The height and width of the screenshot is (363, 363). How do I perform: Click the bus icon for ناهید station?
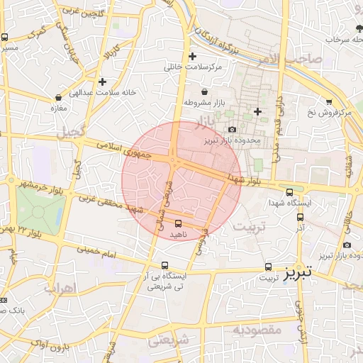(177, 223)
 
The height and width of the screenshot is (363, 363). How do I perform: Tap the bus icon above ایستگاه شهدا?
(289, 191)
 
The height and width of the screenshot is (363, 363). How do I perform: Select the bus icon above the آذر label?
(300, 218)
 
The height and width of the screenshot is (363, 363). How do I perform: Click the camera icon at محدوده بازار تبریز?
(233, 130)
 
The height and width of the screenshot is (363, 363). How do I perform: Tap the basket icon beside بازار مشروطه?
(205, 92)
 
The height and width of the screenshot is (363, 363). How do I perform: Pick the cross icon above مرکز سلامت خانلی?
(192, 56)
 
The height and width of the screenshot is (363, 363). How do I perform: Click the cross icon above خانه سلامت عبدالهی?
(103, 82)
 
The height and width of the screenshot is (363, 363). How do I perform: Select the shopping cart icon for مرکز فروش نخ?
(328, 102)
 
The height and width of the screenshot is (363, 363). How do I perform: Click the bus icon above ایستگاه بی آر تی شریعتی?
(164, 265)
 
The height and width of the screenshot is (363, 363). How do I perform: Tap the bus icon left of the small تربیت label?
(268, 267)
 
